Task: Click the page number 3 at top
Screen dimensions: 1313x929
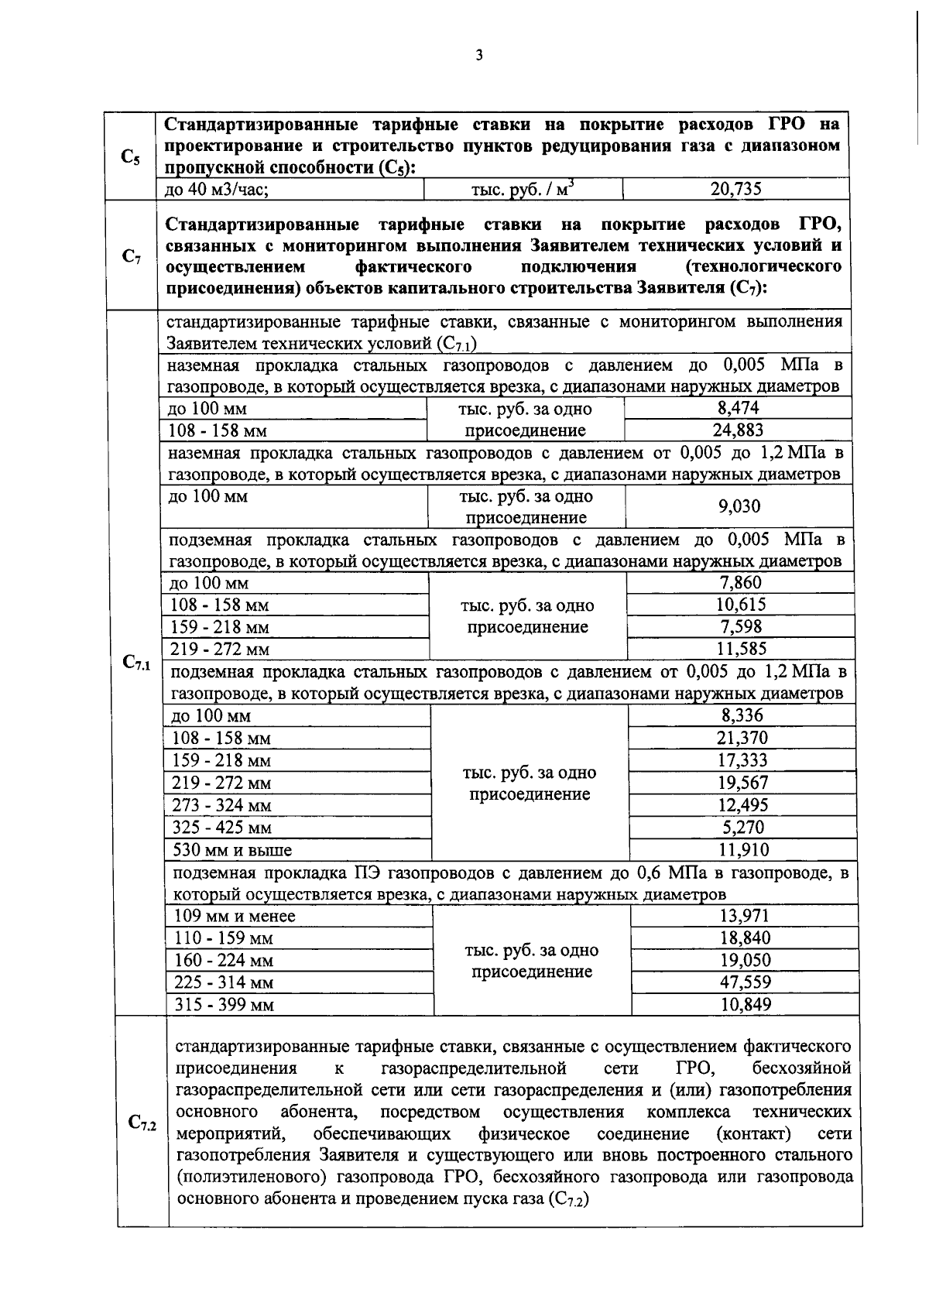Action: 479,55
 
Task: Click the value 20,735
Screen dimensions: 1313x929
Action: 736,188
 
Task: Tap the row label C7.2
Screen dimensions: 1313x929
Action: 142,1122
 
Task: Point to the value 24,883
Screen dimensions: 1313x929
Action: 737,430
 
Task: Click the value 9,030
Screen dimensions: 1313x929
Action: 739,506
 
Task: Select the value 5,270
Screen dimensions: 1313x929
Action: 742,828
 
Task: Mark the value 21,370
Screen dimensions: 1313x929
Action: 742,739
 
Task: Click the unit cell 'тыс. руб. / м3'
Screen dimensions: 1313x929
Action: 523,189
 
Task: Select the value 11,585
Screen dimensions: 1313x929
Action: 741,649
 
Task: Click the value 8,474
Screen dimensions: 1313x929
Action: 737,408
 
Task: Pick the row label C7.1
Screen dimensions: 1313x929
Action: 136,662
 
